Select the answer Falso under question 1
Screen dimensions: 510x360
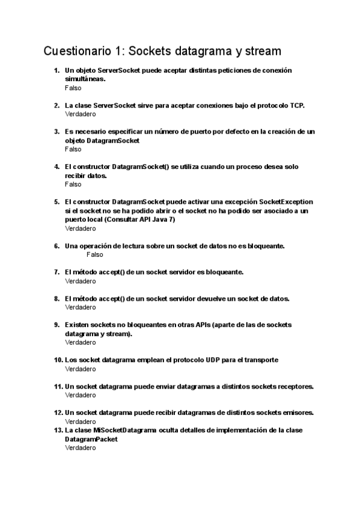click(x=73, y=88)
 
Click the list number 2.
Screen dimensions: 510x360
click(x=56, y=105)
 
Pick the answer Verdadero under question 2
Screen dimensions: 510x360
click(x=80, y=114)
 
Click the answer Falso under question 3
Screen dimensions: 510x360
click(x=73, y=149)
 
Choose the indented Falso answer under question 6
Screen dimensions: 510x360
click(x=95, y=254)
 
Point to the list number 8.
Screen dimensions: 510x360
click(x=56, y=298)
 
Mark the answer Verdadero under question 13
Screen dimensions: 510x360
click(x=80, y=448)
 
